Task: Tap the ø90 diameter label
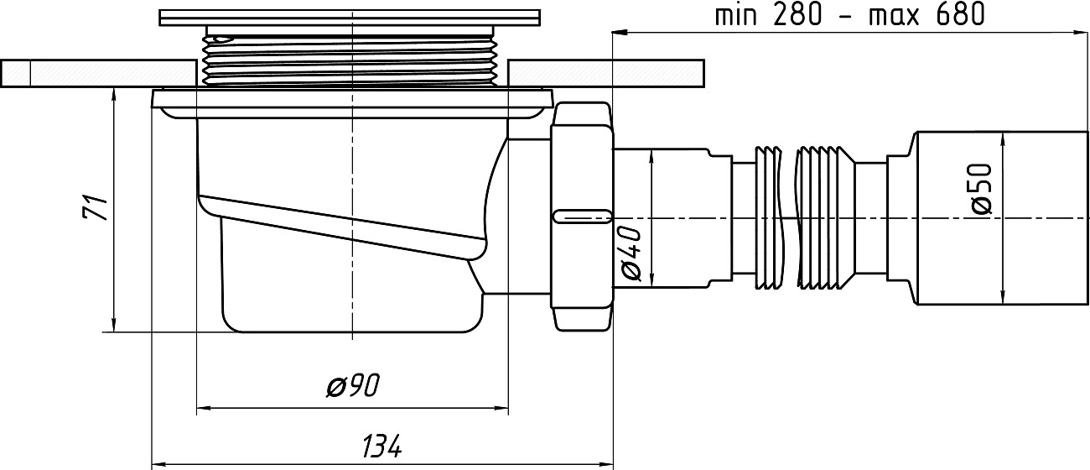point(352,387)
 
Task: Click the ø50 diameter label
point(982,189)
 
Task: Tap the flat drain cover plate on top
point(350,18)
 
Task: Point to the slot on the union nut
point(580,214)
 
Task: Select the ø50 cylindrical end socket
point(1002,217)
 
